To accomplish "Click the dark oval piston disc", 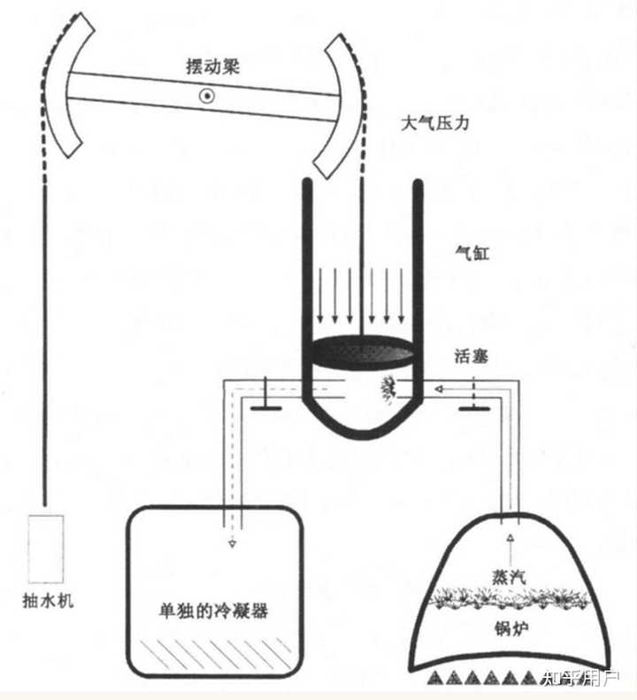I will coord(363,351).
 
